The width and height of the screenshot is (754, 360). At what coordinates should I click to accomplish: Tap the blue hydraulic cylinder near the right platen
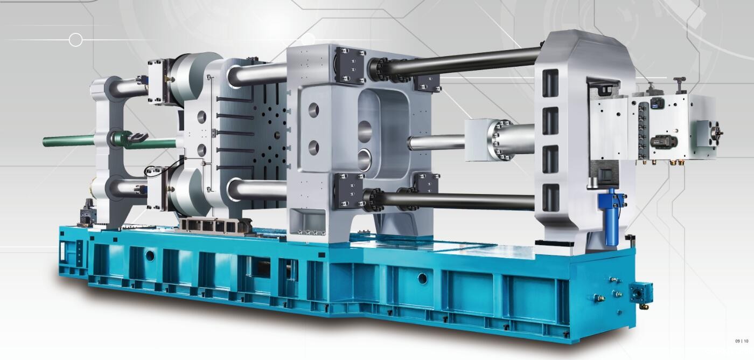612,216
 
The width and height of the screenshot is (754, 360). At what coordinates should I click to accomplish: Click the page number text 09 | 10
742,341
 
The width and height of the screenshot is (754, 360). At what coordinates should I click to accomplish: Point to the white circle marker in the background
76,40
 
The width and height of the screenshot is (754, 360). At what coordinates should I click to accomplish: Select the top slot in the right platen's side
550,83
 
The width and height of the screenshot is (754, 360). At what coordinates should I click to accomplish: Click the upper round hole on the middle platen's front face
313,110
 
